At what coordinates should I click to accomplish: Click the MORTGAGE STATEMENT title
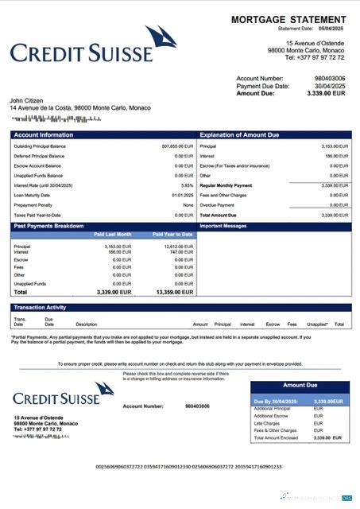[x=288, y=19]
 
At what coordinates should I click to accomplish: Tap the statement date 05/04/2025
[x=332, y=28]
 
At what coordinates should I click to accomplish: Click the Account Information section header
[x=45, y=135]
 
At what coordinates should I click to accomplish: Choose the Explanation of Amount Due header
[x=239, y=135]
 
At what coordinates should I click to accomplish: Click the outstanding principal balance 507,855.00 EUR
[x=177, y=146]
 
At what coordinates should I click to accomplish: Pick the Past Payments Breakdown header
[x=49, y=227]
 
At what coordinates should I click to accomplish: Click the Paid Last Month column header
[x=114, y=235]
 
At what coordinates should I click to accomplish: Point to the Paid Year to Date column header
[x=172, y=235]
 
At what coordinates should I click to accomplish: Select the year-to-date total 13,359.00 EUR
[x=174, y=293]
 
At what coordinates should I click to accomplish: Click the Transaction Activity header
[x=40, y=307]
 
